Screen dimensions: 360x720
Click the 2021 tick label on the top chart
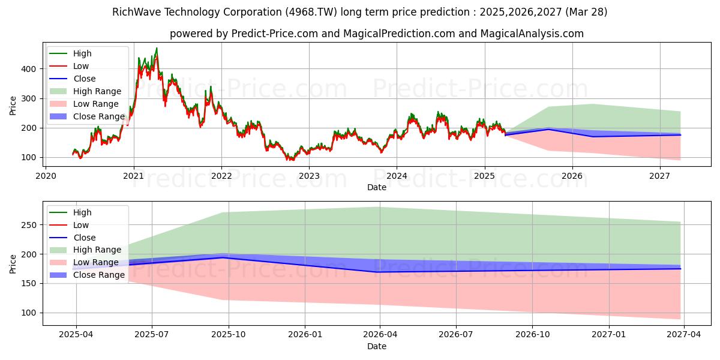(x=133, y=176)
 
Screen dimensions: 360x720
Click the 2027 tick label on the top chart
(x=660, y=176)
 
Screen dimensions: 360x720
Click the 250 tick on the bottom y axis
(x=30, y=225)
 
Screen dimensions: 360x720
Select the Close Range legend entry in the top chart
(x=98, y=116)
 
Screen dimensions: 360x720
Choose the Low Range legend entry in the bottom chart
(x=96, y=262)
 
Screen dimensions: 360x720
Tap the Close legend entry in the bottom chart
(x=84, y=238)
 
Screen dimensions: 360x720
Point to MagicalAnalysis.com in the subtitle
(x=532, y=34)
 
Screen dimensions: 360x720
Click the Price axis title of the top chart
(x=13, y=106)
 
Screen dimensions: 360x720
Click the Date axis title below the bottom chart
(x=376, y=346)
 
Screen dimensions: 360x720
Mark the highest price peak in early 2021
(x=157, y=49)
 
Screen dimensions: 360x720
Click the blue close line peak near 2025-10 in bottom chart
(x=222, y=257)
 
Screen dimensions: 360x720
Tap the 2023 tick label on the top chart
(x=309, y=176)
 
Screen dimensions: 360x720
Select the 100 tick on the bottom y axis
(x=30, y=313)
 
